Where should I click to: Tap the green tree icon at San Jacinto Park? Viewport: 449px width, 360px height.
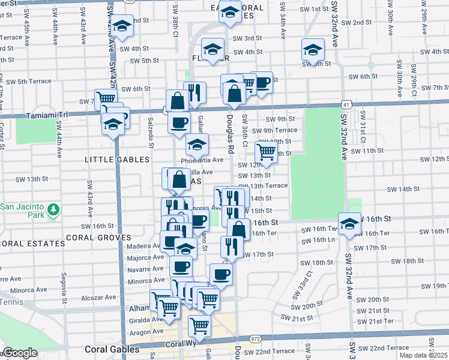tap(54, 209)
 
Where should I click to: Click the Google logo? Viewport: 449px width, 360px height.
tap(19, 353)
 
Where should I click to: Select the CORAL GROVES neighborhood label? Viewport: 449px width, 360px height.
tap(98, 238)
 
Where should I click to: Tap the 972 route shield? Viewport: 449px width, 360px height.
tap(255, 339)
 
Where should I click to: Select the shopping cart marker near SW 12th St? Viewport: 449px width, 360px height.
tap(265, 152)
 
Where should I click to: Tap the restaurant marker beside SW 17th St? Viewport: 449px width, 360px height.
tap(229, 246)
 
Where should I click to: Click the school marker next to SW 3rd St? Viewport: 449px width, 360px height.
tap(212, 49)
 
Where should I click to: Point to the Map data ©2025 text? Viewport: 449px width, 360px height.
tap(424, 355)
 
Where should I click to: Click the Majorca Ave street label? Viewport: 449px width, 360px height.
tap(145, 257)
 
